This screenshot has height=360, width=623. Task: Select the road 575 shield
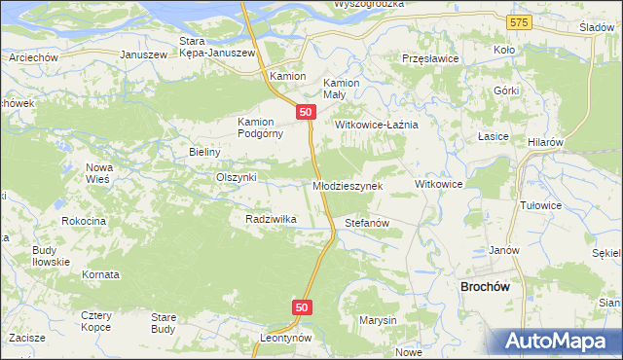[519, 21]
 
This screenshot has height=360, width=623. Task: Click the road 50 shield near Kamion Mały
[307, 113]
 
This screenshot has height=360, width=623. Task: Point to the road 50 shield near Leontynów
[302, 307]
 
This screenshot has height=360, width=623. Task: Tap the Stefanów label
[367, 224]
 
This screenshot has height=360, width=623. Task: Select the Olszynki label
[236, 177]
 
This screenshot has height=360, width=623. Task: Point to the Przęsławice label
[431, 58]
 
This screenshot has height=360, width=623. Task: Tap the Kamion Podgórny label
[260, 127]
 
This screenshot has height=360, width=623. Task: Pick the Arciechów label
[30, 57]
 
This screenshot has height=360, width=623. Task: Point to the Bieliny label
[205, 153]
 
